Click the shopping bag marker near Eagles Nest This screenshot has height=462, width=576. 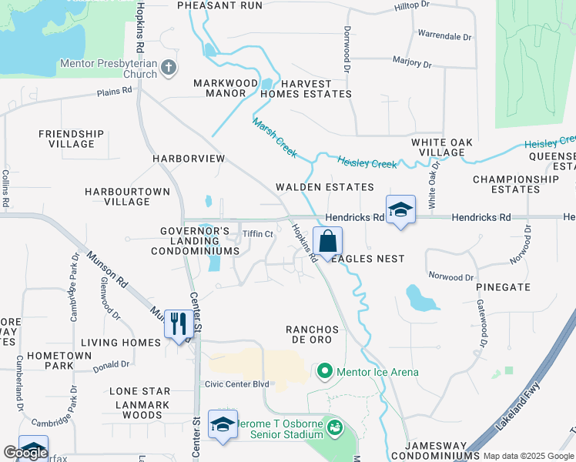tap(327, 242)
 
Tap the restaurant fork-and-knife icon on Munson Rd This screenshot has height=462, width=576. tap(179, 323)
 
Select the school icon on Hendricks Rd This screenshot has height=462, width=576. tap(400, 209)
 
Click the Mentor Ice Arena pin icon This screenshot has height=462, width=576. tap(324, 373)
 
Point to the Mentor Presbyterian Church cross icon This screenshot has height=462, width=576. tap(169, 69)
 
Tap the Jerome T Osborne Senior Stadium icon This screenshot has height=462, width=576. tap(334, 426)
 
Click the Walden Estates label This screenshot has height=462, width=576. tap(325, 187)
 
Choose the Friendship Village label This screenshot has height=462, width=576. tap(72, 139)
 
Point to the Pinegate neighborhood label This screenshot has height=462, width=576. tap(504, 286)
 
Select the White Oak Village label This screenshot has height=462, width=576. tap(449, 148)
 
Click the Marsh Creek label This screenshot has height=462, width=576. tap(274, 139)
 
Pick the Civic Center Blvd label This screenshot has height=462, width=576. tap(236, 384)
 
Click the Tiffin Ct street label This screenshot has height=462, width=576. tap(258, 234)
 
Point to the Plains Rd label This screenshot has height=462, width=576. tap(115, 91)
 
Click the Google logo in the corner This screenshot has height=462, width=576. tap(25, 453)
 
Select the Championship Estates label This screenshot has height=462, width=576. tap(517, 184)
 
